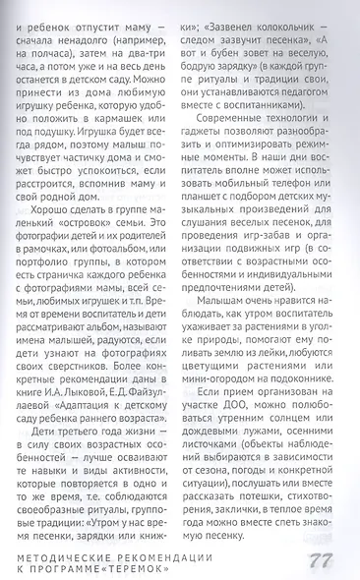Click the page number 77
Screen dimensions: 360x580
[324, 560]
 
